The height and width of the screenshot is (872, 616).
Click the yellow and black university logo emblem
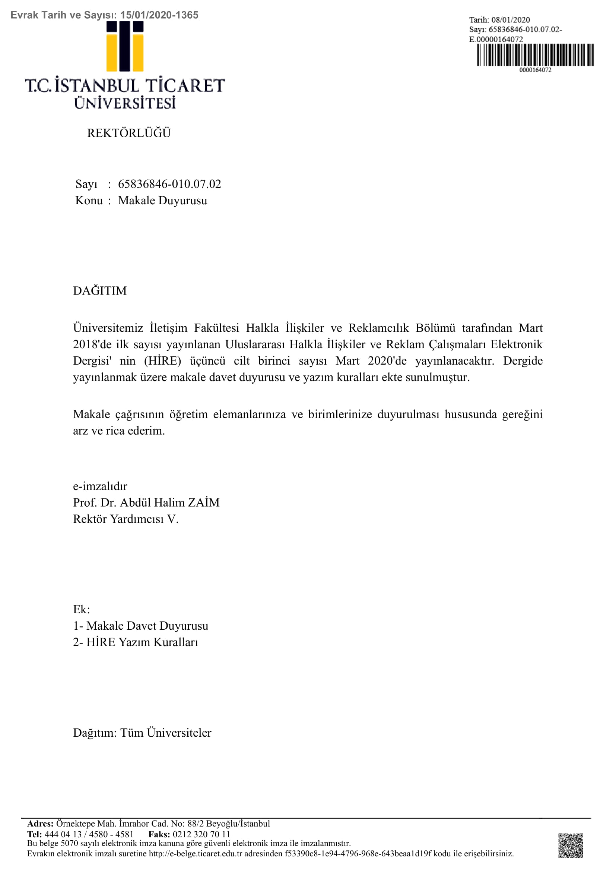pos(125,46)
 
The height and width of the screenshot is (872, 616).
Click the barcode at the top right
pos(535,55)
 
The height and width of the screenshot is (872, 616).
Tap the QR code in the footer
pos(570,846)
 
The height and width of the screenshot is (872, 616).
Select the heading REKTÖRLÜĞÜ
pos(129,133)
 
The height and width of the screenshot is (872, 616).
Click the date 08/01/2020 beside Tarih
pos(511,20)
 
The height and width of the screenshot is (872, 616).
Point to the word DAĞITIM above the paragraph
pos(100,290)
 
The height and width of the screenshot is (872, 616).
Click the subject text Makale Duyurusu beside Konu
pos(162,200)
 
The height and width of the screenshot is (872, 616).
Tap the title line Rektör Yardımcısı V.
pos(126,519)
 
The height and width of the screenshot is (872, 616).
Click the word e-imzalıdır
pos(100,486)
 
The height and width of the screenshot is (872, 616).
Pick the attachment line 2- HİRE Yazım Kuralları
pos(136,642)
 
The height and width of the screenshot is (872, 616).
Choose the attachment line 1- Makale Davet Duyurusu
pos(140,626)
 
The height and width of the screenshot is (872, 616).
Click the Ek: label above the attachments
pos(81,609)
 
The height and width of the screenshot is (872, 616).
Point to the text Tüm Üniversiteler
pos(166,733)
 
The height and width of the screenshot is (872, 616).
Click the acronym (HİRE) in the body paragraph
pos(163,361)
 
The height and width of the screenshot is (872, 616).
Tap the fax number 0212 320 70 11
pos(201,834)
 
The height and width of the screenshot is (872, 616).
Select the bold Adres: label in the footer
pos(40,824)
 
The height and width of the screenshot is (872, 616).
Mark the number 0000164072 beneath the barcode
pos(535,70)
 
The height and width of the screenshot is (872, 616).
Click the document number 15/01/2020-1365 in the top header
pos(159,15)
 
